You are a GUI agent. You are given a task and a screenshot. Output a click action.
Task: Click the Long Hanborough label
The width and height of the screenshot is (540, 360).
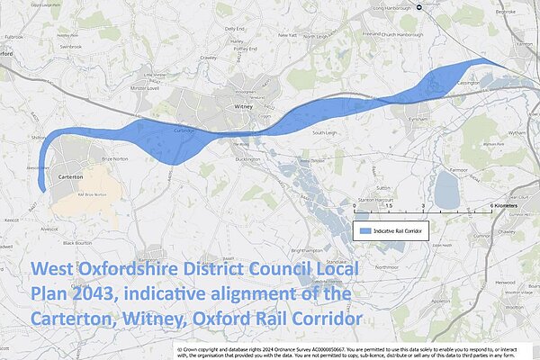click(373, 8)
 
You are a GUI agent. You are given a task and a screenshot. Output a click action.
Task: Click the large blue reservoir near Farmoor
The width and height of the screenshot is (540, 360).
click(445, 190)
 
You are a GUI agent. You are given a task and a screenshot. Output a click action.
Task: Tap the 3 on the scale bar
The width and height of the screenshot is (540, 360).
click(423, 205)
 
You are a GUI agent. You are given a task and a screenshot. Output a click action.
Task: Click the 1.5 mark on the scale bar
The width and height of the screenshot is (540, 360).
click(389, 205)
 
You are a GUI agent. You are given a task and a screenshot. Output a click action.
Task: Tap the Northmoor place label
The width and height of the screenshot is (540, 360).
click(387, 267)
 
